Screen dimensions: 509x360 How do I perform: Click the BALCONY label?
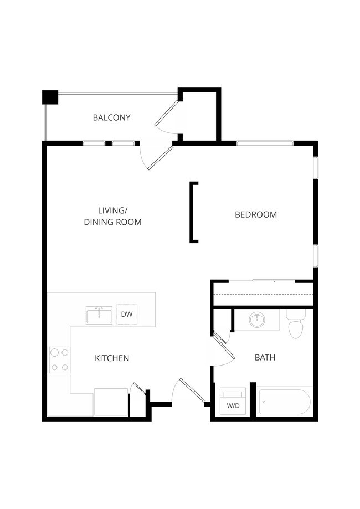(111, 117)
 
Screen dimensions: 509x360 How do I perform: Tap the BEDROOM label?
(256, 214)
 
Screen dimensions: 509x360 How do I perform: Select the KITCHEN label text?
(112, 358)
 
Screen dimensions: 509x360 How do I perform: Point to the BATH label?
(265, 358)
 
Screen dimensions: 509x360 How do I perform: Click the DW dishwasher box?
(127, 315)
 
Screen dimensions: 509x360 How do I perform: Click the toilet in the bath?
(296, 324)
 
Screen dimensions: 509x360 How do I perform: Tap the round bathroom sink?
(256, 320)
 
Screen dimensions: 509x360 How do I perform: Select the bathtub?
(285, 402)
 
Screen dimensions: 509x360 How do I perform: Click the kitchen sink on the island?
(99, 315)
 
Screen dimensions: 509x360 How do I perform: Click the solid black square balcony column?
(50, 96)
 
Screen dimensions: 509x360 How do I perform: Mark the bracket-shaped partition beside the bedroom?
(194, 212)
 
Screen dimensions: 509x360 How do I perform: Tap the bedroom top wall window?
(265, 143)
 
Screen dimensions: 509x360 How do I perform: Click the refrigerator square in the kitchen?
(111, 402)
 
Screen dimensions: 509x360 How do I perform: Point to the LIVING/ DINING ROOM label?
(112, 216)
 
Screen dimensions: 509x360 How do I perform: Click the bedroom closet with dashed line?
(263, 294)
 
